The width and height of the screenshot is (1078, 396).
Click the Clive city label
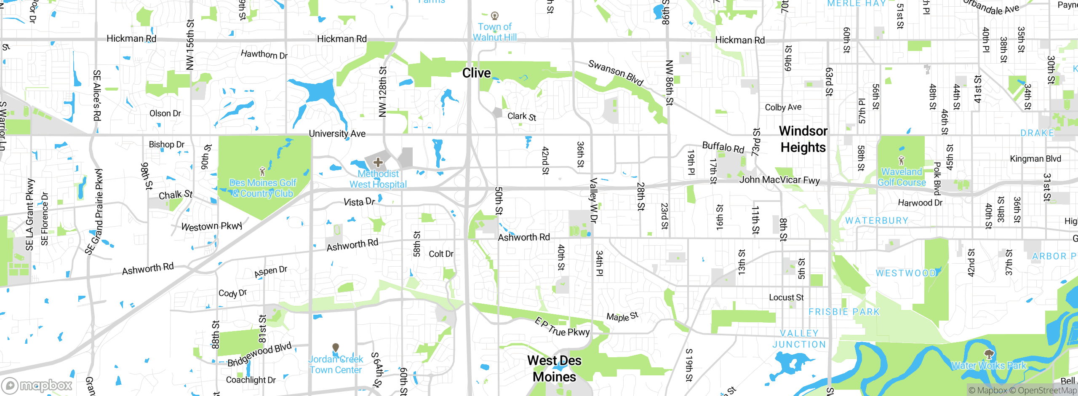tap(476, 73)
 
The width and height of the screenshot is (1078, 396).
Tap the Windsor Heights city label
tap(803, 139)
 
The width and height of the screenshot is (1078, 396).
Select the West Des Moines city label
tap(554, 369)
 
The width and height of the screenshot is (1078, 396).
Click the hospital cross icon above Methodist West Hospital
tap(378, 162)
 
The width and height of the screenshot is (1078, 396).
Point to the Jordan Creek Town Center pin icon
tap(336, 348)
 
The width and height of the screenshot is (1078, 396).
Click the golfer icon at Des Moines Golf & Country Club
tap(263, 171)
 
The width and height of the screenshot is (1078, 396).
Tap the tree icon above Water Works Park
tap(989, 354)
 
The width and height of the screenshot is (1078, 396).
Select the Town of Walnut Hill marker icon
tap(495, 16)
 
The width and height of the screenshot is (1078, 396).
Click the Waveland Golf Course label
tap(902, 177)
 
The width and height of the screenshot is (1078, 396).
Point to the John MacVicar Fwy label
tap(779, 180)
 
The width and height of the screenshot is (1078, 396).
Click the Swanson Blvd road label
tap(616, 72)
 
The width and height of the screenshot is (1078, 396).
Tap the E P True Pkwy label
tap(562, 327)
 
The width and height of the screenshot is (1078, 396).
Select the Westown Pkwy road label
tap(211, 226)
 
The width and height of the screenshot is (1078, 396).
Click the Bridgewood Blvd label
tap(259, 355)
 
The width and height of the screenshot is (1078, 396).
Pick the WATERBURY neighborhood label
tap(876, 221)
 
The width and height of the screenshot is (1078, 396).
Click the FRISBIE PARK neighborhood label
tap(844, 312)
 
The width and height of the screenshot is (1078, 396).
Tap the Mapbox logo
tap(37, 385)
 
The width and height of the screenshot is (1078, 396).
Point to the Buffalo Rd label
tap(723, 147)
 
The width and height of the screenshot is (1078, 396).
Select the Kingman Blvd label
tap(1035, 159)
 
